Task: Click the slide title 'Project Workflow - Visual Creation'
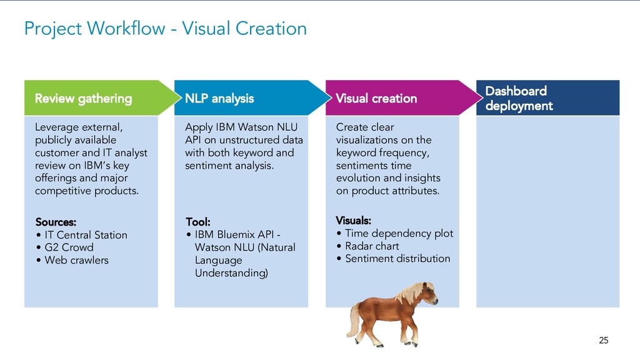(165, 28)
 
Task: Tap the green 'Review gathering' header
(83, 98)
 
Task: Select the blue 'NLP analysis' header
(219, 98)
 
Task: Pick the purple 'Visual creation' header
(376, 98)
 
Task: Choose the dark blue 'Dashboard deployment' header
(519, 98)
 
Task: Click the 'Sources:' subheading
(56, 222)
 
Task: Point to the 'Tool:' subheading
(197, 222)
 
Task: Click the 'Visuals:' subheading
(353, 221)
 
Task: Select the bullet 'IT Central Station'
(86, 235)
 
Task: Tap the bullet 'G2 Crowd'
(69, 247)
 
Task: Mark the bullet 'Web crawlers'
(76, 260)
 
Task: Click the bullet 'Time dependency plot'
(399, 234)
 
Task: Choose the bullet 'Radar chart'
(372, 246)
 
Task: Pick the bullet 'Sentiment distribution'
(397, 259)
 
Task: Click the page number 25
(603, 340)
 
